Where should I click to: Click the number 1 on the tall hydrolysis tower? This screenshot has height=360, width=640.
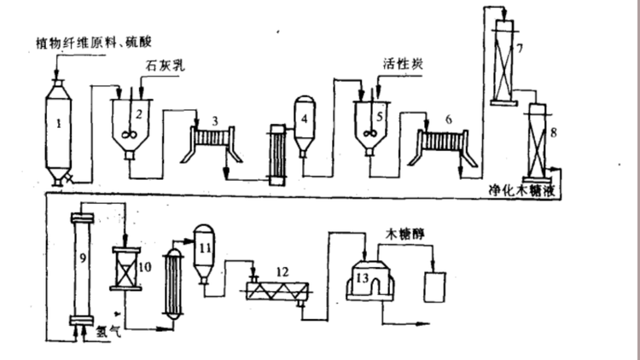[58, 123]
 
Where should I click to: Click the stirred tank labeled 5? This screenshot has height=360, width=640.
[369, 125]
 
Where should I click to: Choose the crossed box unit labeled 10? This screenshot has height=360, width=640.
[126, 268]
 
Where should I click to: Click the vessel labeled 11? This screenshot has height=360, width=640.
[203, 252]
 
